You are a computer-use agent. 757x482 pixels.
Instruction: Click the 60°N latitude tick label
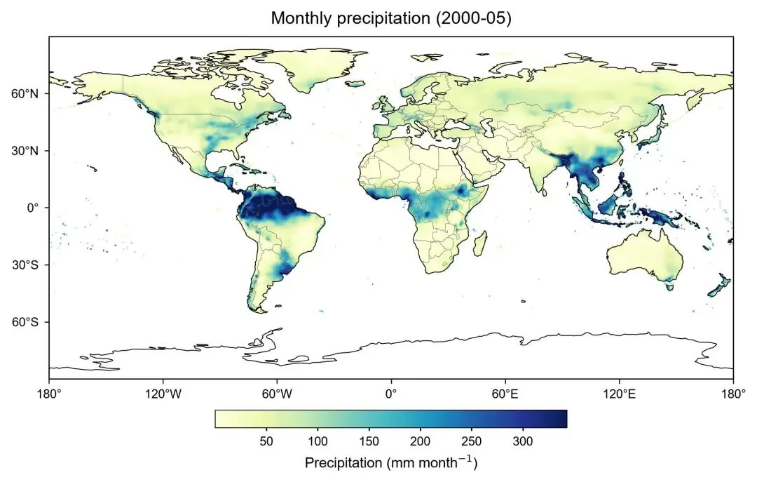(x=25, y=93)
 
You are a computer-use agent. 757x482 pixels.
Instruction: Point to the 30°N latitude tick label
(x=25, y=151)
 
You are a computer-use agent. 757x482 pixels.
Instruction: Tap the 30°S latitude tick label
(x=25, y=265)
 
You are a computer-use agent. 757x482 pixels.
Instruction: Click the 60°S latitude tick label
(x=25, y=322)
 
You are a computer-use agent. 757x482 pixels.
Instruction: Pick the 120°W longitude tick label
(x=163, y=394)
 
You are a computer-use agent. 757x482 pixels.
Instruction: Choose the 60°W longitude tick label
(x=277, y=394)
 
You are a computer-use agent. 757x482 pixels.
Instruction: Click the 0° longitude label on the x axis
(x=391, y=394)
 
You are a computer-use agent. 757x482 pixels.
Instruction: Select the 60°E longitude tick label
(x=505, y=394)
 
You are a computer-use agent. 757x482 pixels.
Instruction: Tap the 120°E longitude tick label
(x=620, y=394)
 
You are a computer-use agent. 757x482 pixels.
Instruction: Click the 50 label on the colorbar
(x=266, y=441)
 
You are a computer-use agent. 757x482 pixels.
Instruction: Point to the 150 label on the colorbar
(x=369, y=441)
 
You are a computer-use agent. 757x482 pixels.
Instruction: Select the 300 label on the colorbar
(x=523, y=441)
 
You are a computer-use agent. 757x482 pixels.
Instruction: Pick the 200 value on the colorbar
(x=420, y=441)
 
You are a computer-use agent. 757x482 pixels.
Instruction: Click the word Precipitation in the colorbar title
(x=343, y=462)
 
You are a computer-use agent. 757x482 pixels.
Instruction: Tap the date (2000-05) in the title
(x=474, y=18)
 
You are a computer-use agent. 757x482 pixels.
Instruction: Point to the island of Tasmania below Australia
(x=669, y=287)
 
